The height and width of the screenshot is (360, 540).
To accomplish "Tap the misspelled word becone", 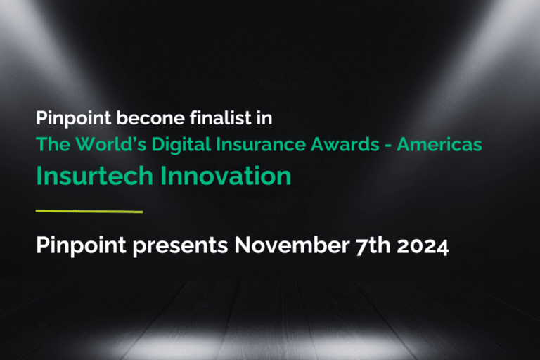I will (133, 118).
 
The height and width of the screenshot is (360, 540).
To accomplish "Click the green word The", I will (50, 144).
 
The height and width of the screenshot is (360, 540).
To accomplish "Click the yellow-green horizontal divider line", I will (89, 211).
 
